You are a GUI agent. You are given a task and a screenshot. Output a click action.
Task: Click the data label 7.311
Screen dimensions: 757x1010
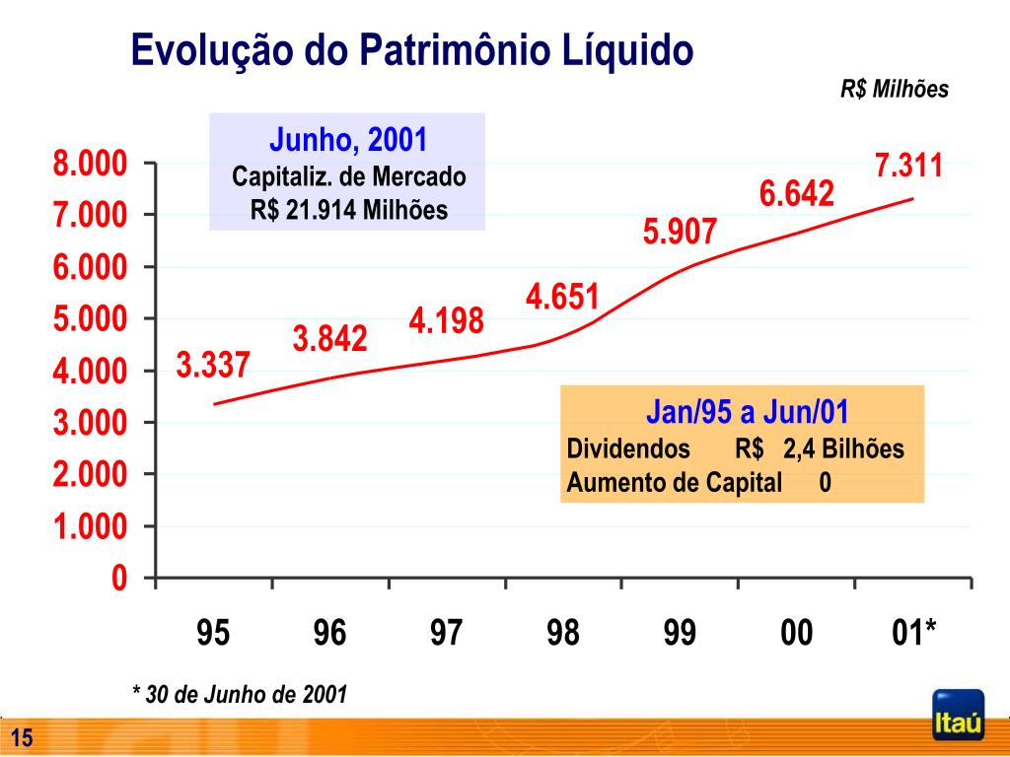(x=908, y=166)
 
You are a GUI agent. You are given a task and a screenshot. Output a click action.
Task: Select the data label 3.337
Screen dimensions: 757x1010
(x=214, y=366)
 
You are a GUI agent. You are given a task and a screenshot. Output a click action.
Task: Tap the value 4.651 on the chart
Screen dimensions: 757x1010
(x=562, y=297)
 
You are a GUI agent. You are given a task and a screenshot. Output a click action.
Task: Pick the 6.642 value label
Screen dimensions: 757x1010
(x=797, y=193)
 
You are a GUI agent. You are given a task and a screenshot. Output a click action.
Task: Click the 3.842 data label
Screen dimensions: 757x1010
(x=329, y=339)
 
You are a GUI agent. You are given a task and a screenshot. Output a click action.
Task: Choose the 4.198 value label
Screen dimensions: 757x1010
(x=447, y=320)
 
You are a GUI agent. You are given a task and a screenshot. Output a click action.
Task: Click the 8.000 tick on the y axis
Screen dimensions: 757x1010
(x=90, y=164)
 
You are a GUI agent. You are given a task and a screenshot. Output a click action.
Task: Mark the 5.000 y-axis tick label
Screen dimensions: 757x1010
(x=90, y=319)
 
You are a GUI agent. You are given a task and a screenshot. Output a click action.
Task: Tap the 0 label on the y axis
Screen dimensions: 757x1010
(x=118, y=579)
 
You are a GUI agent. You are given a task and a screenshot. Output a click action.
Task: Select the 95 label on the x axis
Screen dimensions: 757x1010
(x=213, y=633)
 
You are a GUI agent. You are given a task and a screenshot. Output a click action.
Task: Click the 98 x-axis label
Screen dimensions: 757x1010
(x=563, y=633)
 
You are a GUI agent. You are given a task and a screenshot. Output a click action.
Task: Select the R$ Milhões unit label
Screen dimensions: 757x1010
(x=895, y=90)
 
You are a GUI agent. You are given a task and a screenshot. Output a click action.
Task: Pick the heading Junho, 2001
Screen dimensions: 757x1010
(x=348, y=141)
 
